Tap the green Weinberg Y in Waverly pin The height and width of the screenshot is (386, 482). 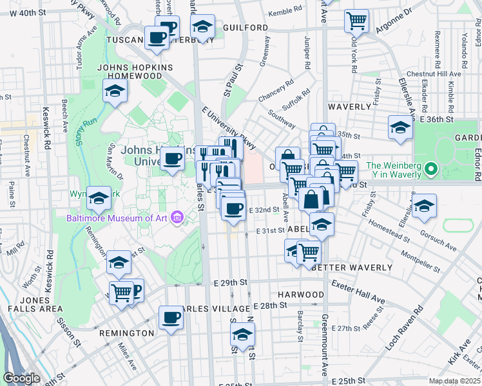(432, 171)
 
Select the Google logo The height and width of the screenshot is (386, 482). (21, 378)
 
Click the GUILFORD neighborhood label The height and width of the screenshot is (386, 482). (246, 28)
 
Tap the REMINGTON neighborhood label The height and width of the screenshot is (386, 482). (126, 333)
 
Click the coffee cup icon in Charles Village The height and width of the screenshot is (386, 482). (171, 317)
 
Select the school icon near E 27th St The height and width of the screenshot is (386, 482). (242, 334)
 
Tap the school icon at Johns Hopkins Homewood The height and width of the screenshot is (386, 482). (115, 91)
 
